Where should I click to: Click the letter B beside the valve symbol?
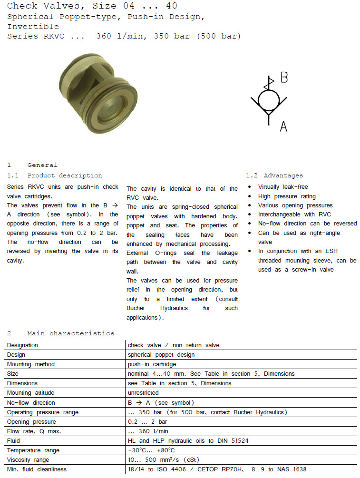point(284,78)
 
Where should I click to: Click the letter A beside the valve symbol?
point(283,126)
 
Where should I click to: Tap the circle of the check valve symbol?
point(269,100)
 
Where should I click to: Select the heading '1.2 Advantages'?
point(274,176)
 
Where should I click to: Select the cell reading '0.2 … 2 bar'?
point(147,422)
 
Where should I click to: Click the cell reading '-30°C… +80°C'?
point(152,450)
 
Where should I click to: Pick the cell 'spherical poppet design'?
point(161,355)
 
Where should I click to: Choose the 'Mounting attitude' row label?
point(31,393)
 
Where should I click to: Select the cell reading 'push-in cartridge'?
point(152,364)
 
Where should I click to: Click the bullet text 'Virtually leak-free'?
point(283,187)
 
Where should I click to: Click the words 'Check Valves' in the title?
point(36,6)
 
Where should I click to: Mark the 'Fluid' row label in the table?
point(14,441)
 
